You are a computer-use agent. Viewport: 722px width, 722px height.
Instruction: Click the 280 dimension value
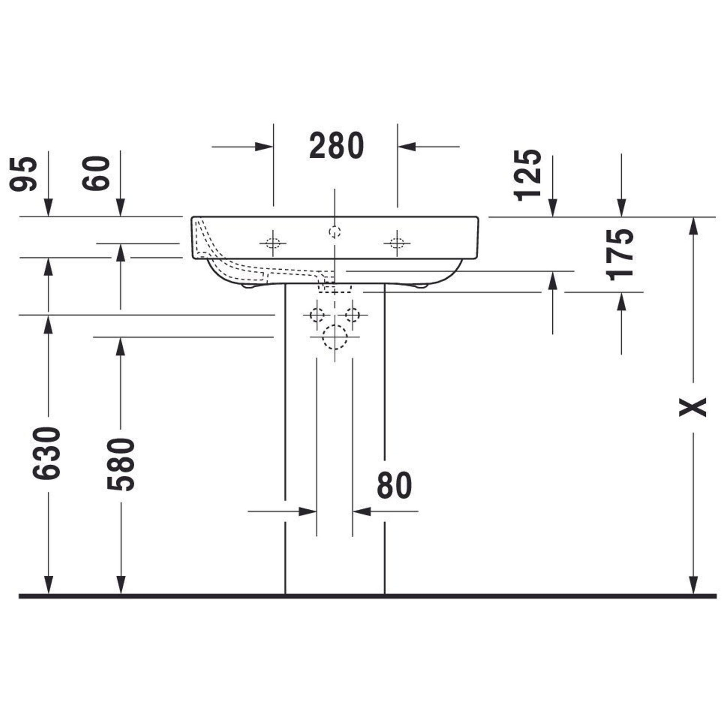click(x=336, y=145)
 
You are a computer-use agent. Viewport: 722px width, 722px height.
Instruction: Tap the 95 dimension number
click(x=23, y=174)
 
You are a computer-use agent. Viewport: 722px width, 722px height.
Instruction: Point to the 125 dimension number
click(x=527, y=175)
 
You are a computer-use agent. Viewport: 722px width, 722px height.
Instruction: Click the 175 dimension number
click(x=620, y=255)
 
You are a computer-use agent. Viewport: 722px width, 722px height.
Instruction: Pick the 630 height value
click(x=46, y=453)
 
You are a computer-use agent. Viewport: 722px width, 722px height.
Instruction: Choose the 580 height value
click(x=120, y=464)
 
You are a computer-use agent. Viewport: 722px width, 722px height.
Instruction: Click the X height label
click(x=692, y=408)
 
